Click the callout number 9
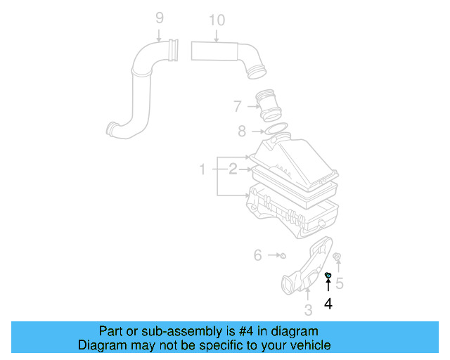[x=159, y=18]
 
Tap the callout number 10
[x=217, y=20]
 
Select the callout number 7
[x=238, y=107]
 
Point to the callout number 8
[x=241, y=131]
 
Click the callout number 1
[x=202, y=169]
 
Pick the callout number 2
[x=232, y=169]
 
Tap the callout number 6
[x=257, y=255]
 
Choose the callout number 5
[x=339, y=283]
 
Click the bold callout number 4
[x=328, y=304]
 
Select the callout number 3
[x=308, y=310]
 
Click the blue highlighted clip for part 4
[x=328, y=275]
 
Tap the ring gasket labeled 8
[x=276, y=131]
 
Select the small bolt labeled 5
[x=337, y=257]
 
